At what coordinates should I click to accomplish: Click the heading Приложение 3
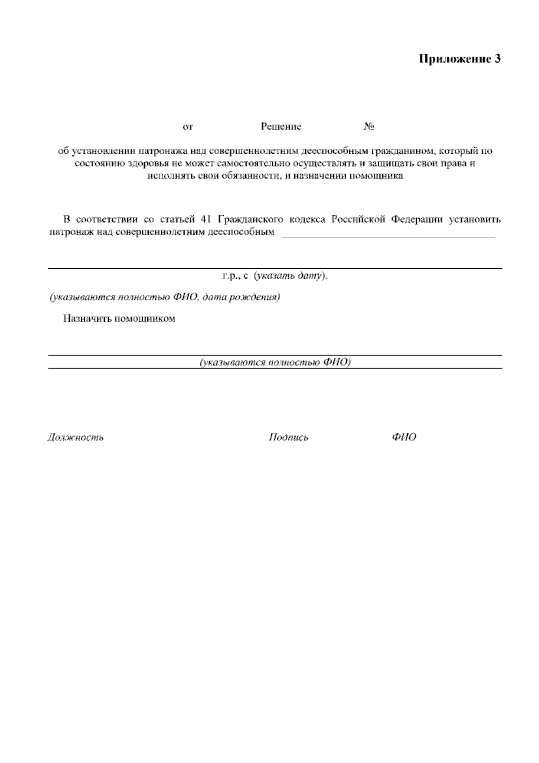point(459,59)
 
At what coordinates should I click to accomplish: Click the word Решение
point(281,127)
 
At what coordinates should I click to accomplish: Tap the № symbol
point(369,127)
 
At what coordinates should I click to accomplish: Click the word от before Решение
point(188,127)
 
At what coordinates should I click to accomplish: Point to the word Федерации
point(417,220)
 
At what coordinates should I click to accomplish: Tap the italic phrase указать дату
point(290,275)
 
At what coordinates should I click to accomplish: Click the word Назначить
point(87,319)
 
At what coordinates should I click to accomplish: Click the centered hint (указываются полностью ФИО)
point(275,362)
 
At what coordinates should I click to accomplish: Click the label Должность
point(75,437)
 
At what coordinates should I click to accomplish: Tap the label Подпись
point(288,437)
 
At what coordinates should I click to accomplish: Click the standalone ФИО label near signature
point(404,437)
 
